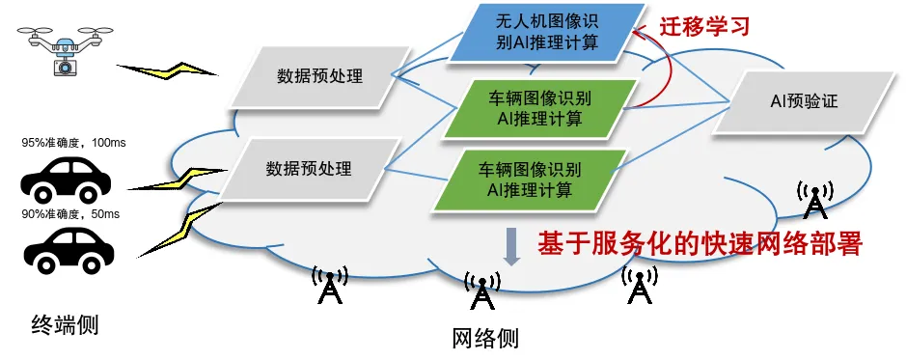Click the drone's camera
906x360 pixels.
coord(66,67)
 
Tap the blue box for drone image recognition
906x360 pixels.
coord(547,33)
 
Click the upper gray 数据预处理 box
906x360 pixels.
coord(319,77)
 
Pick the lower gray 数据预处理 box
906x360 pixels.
coord(309,169)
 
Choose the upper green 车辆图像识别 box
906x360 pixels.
coord(539,109)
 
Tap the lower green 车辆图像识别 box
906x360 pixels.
coord(530,180)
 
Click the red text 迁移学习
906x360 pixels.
coord(704,26)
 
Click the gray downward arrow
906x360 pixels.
coord(511,247)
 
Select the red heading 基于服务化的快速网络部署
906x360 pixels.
coord(700,244)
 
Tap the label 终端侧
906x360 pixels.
coord(65,325)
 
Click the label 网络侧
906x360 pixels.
coord(484,339)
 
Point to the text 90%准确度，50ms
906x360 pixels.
coord(70,214)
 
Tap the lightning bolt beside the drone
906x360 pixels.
coord(168,69)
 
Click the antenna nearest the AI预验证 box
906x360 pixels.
coord(814,200)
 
